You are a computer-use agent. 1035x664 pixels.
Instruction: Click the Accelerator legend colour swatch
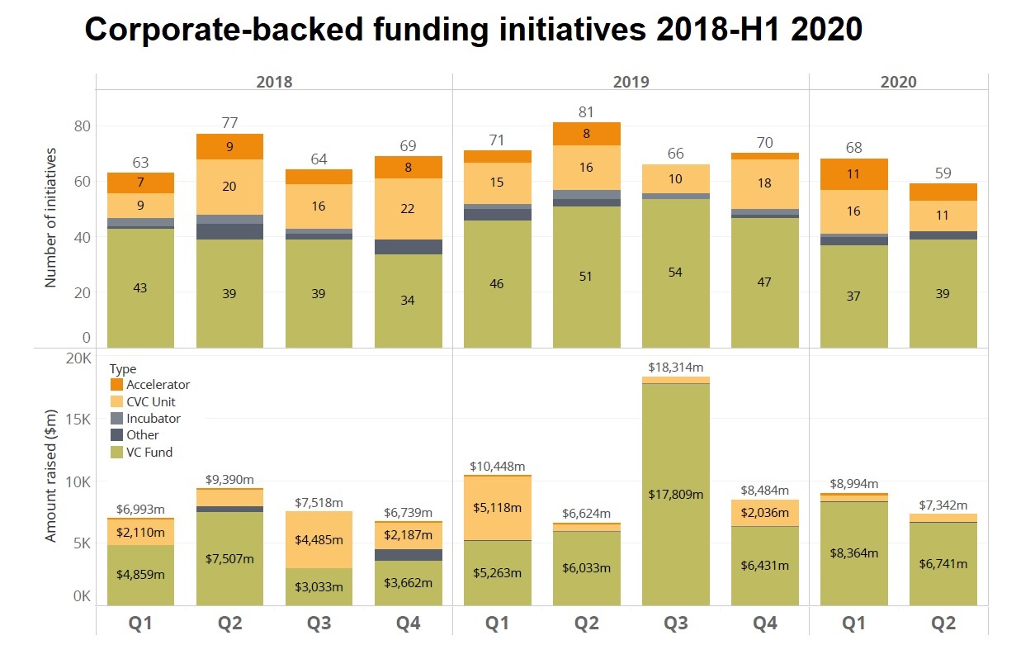click(116, 385)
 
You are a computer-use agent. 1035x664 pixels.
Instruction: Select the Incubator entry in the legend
click(153, 419)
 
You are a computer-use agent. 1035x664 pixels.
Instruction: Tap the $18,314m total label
click(675, 367)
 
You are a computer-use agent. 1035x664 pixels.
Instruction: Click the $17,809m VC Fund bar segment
click(675, 494)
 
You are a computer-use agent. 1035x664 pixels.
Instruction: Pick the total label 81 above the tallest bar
click(586, 111)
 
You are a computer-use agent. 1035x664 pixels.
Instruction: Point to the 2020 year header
click(898, 82)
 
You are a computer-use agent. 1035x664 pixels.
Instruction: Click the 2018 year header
click(274, 82)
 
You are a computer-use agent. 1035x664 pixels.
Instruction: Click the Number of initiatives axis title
click(50, 217)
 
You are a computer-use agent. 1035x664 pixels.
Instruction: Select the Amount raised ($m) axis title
click(50, 479)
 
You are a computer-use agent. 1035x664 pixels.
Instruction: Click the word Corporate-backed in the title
click(198, 31)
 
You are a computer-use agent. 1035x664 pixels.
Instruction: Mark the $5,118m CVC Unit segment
click(497, 507)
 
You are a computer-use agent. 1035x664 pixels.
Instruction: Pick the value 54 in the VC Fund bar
click(675, 273)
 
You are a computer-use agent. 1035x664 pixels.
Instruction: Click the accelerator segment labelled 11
click(853, 174)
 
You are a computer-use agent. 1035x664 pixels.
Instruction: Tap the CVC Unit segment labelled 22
click(408, 209)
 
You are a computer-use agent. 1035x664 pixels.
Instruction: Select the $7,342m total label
click(943, 505)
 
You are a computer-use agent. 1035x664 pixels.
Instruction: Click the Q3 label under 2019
click(675, 624)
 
